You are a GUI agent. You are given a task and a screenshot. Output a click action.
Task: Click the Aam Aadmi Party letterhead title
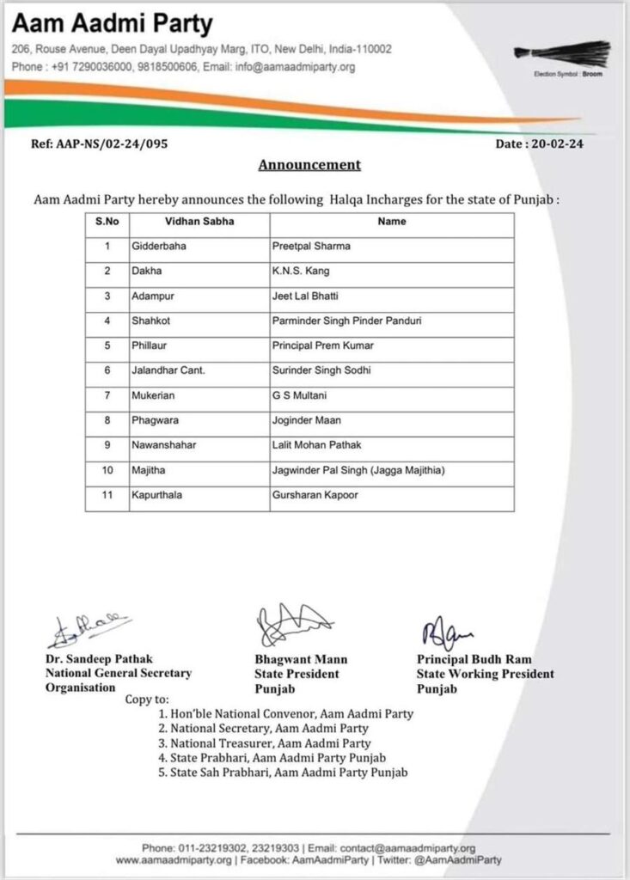coord(113,22)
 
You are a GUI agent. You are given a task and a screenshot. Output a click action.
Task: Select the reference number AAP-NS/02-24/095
coord(100,144)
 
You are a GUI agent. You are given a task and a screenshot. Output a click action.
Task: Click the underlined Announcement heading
coord(309,164)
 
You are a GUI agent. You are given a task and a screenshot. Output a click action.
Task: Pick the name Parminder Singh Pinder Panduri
coord(346,321)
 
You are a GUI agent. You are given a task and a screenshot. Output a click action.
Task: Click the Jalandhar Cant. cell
coord(171,370)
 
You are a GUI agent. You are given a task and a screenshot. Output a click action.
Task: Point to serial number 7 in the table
coord(108,394)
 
